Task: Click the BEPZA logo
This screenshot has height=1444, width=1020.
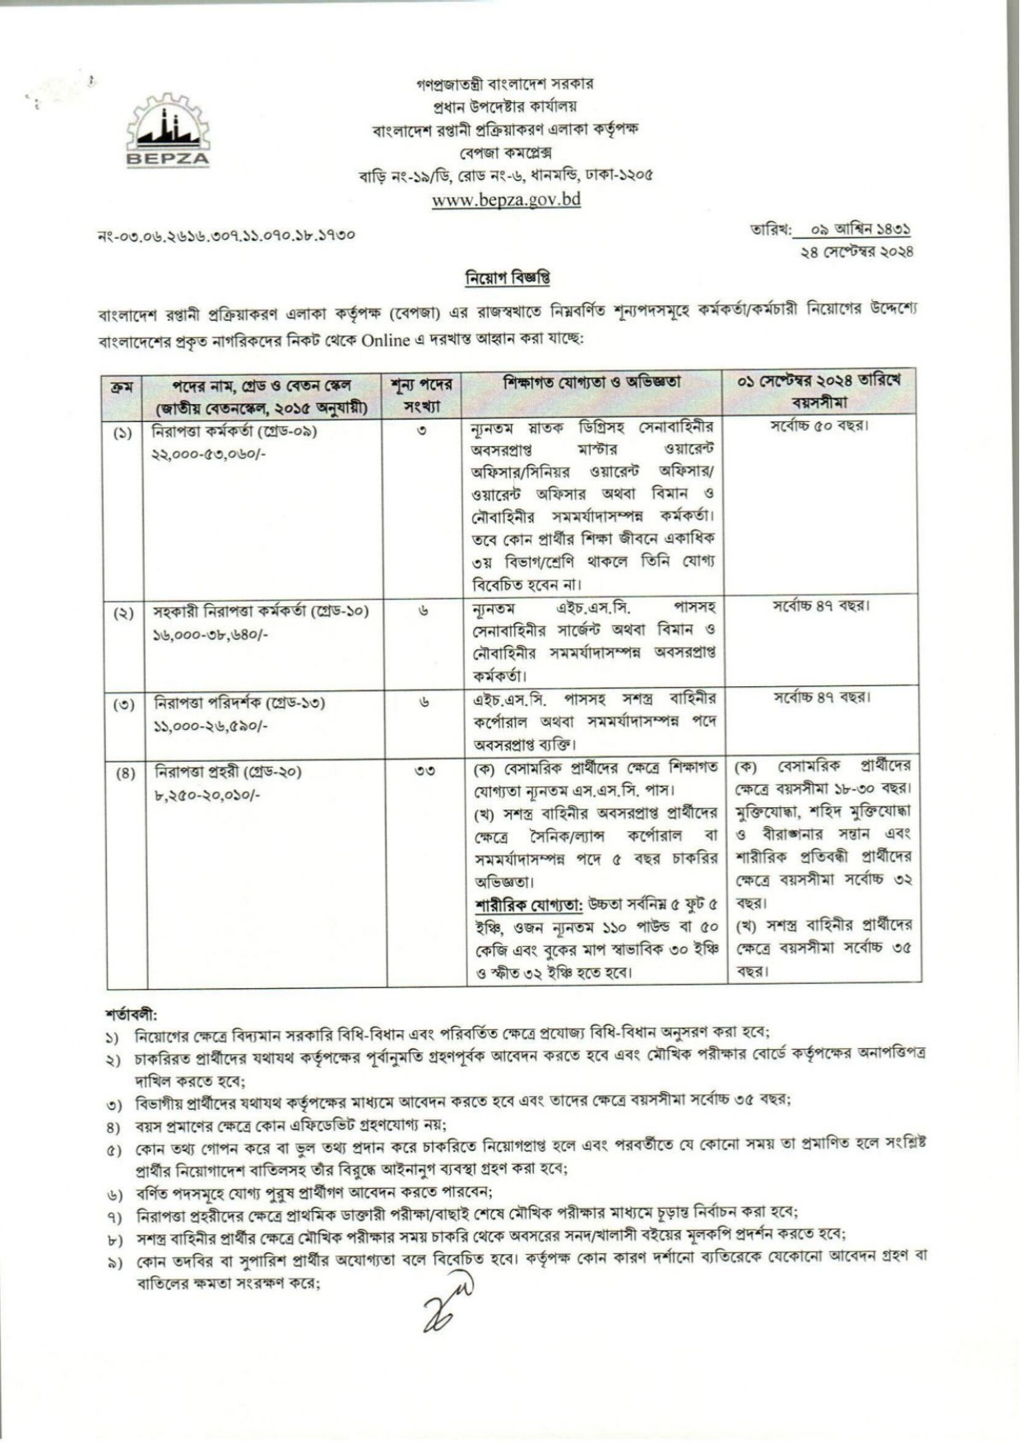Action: tap(168, 130)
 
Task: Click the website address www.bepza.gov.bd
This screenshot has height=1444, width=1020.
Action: tap(506, 199)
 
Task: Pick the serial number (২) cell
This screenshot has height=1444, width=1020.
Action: tap(123, 613)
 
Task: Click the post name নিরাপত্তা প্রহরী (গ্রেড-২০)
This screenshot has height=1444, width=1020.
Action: tap(228, 772)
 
